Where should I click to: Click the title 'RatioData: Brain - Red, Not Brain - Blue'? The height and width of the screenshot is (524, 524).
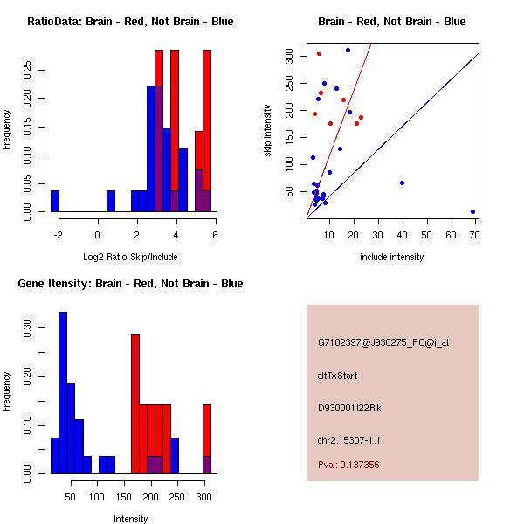[x=130, y=22]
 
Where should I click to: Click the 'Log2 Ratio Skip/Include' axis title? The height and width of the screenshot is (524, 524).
[x=130, y=257]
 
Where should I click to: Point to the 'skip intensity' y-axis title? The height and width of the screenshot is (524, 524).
[x=269, y=132]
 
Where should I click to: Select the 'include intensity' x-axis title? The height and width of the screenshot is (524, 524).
[x=392, y=257]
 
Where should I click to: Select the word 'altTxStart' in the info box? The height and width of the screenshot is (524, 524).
[x=338, y=376]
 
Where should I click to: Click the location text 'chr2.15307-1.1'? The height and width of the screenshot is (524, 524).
[x=349, y=438]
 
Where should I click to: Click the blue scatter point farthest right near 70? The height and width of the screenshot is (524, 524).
[x=472, y=211]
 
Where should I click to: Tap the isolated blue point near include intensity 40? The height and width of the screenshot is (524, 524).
[x=402, y=183]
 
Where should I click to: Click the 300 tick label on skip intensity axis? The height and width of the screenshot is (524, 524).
[x=291, y=55]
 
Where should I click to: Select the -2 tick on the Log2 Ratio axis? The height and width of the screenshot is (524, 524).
[x=57, y=234]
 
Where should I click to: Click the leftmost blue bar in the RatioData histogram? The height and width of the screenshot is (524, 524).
[x=55, y=201]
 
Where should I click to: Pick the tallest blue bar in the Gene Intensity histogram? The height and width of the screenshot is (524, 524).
[x=63, y=392]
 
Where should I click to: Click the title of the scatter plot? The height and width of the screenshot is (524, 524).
[x=392, y=22]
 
